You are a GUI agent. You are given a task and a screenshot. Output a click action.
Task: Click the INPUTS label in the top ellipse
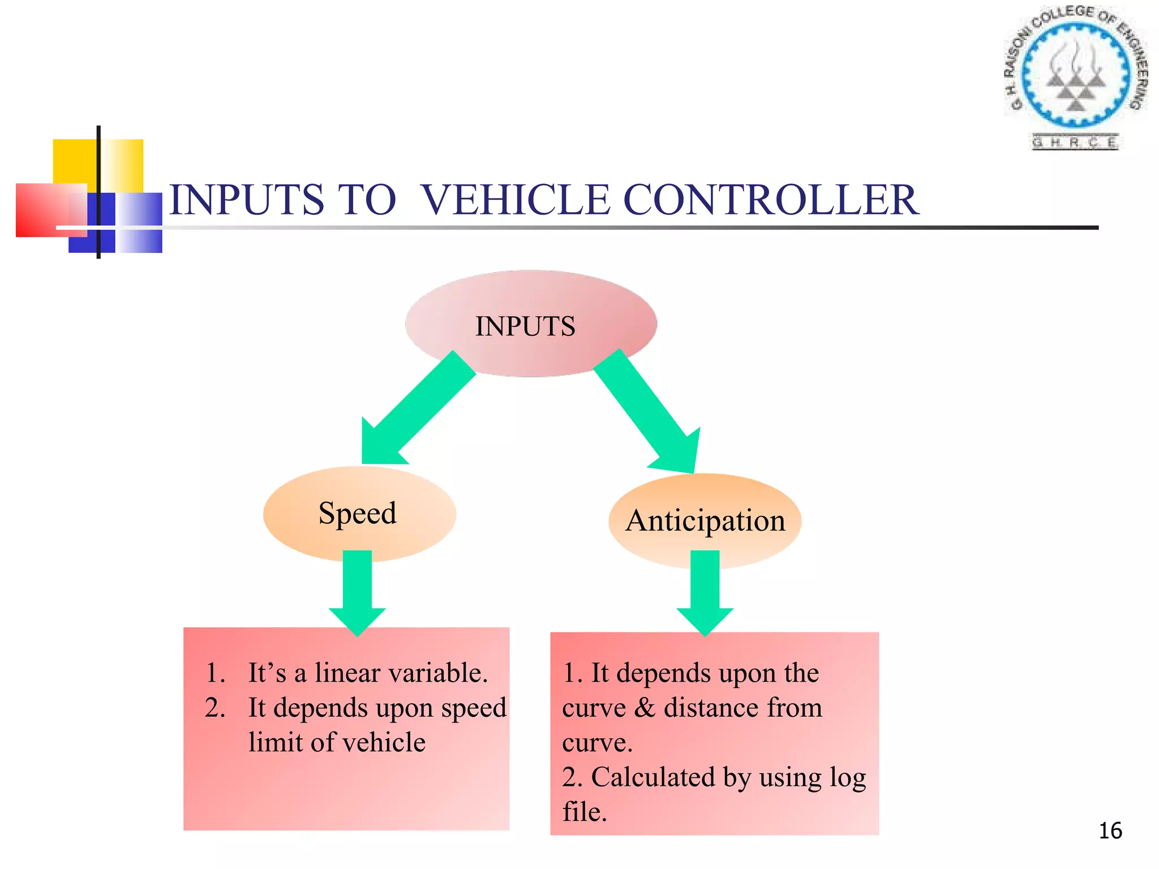[525, 326]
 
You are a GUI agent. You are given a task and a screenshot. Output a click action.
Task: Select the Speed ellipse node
[359, 514]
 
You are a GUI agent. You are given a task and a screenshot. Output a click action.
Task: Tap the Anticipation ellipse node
[705, 520]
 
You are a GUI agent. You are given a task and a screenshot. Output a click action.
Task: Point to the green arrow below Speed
[357, 591]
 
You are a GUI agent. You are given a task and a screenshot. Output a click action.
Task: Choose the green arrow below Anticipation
[705, 591]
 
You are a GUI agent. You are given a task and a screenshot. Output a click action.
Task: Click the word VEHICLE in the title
[515, 200]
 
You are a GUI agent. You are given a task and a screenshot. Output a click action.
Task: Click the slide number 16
[1110, 831]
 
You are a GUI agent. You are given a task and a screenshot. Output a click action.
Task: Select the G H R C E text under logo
[1074, 142]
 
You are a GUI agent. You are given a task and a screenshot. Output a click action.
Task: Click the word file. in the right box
[584, 812]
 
